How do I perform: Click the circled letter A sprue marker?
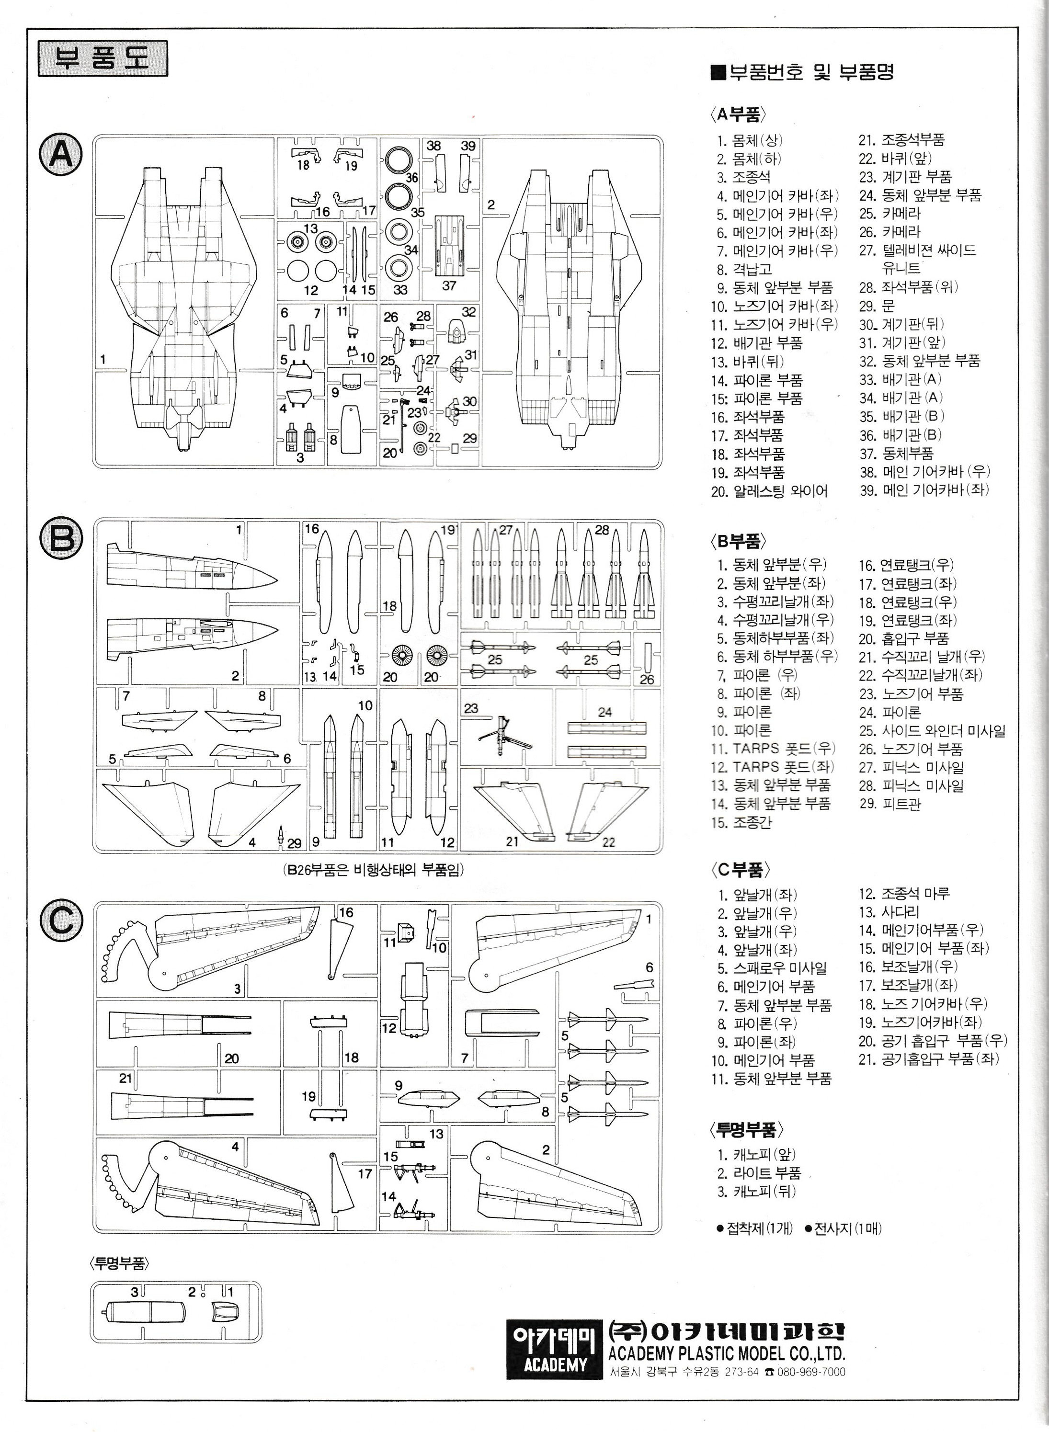[x=61, y=154]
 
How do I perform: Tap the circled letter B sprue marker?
[x=61, y=538]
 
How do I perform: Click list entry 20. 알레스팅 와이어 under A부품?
[x=768, y=490]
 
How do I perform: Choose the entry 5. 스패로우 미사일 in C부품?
[x=772, y=968]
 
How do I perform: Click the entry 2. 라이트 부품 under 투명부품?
[x=759, y=1173]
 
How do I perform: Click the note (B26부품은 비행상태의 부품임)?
[x=373, y=870]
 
